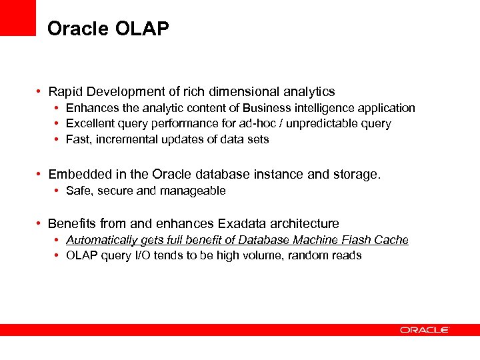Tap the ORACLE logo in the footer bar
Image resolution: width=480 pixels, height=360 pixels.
(424, 329)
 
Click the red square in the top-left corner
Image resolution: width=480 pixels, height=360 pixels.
(17, 17)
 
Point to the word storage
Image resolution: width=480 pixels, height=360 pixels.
(358, 175)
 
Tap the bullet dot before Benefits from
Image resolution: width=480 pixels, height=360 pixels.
(41, 224)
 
